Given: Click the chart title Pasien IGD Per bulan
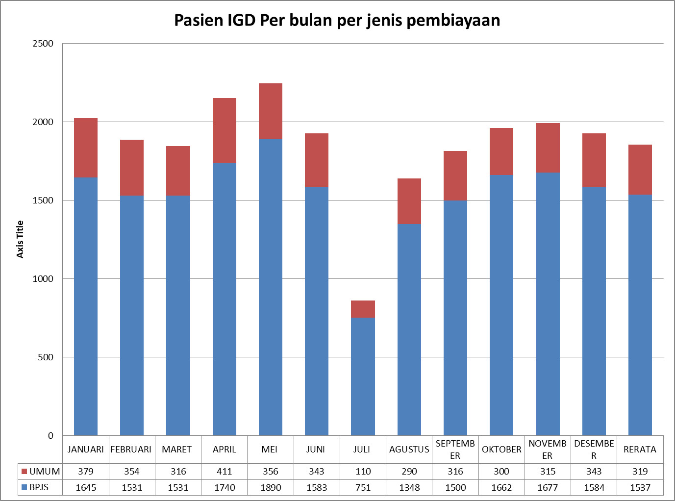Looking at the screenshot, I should [x=337, y=21].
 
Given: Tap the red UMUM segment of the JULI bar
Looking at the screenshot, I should [x=363, y=309].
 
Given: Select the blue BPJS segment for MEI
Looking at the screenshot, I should [x=271, y=287].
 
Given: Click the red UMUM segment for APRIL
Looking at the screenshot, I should [x=225, y=130].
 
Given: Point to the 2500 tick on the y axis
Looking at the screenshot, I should [x=43, y=44].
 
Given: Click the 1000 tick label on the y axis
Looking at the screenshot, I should [x=43, y=279].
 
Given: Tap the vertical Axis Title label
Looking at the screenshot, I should [x=20, y=239].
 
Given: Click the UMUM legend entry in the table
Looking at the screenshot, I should [x=41, y=472].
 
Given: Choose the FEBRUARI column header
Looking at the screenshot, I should [x=131, y=450].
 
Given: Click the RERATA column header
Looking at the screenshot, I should [x=640, y=450].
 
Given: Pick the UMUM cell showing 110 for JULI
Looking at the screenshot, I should [x=363, y=472].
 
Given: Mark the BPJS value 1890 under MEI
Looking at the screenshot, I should [x=271, y=488].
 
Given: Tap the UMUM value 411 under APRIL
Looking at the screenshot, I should [x=225, y=472].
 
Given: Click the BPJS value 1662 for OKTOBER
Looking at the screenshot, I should [x=501, y=488].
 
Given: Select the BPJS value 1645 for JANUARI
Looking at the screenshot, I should [x=86, y=488].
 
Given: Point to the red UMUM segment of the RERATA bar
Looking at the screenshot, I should [x=640, y=170].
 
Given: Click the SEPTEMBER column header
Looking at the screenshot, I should [x=455, y=450].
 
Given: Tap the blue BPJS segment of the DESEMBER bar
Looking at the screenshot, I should [x=594, y=311].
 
